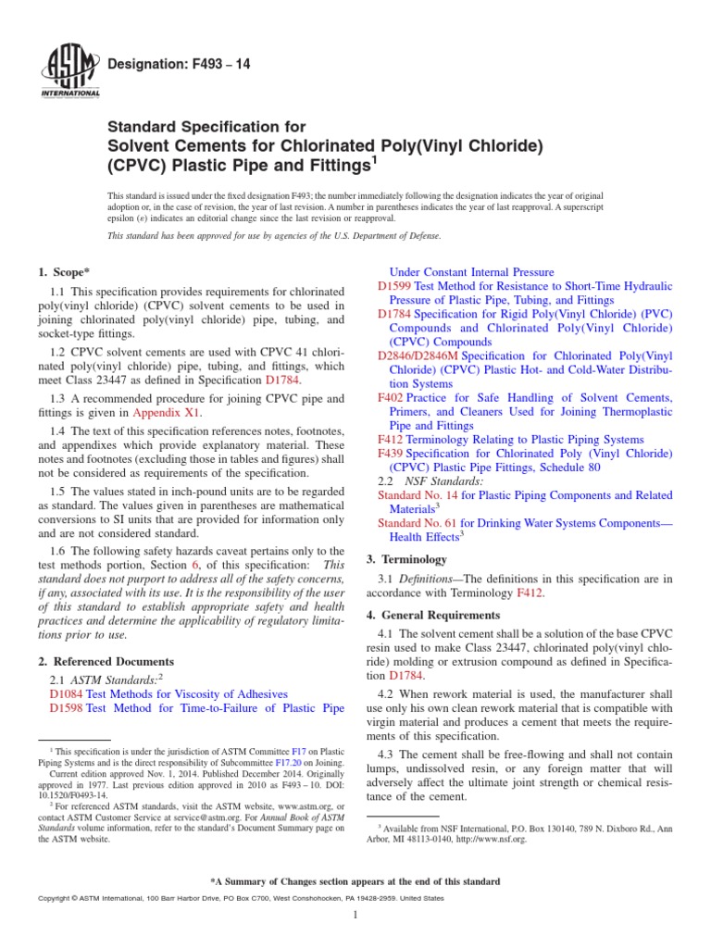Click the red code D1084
coord(66,692)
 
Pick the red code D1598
coord(66,707)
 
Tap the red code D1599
coord(394,287)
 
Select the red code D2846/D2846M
coord(418,355)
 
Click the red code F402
coord(390,397)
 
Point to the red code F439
coord(390,454)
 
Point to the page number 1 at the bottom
coord(355,916)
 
